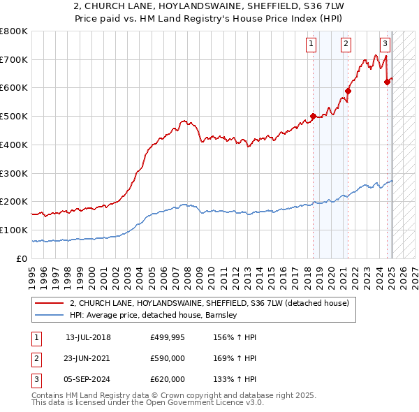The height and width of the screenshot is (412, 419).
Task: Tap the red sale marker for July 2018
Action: coord(313,116)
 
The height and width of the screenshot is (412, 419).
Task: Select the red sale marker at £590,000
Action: coord(348,90)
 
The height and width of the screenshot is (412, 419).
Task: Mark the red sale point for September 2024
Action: coord(388,82)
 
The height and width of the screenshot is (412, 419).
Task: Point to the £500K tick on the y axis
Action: coord(14,117)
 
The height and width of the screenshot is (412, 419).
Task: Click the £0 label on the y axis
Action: coord(22,259)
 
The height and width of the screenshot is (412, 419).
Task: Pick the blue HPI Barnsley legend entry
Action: coord(154,316)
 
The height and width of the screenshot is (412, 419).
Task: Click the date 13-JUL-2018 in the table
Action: coord(88,337)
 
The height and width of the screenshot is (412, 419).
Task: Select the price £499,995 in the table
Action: coord(168,337)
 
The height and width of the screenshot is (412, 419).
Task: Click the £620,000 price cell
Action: coord(168,379)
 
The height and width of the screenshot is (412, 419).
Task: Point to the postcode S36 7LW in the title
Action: coord(302,6)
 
